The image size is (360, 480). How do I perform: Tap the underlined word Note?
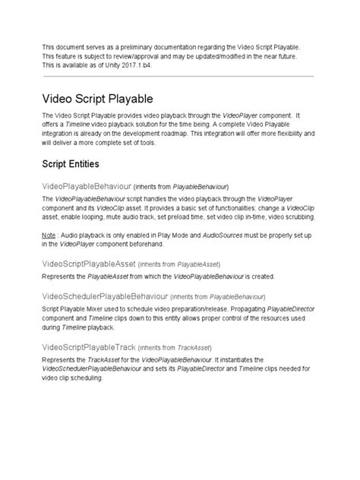[50, 235]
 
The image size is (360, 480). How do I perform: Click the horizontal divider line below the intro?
[180, 76]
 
